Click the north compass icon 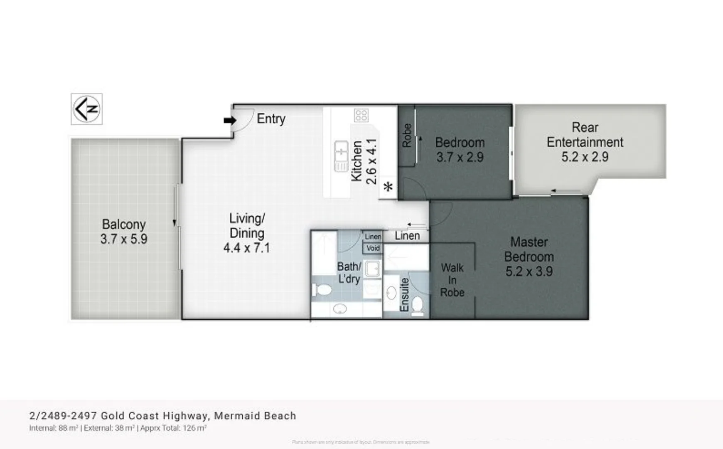pyautogui.click(x=86, y=109)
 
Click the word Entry pyautogui.click(x=271, y=119)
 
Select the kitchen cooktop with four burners pyautogui.click(x=361, y=115)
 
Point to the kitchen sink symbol pyautogui.click(x=341, y=156)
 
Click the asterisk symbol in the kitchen pyautogui.click(x=388, y=187)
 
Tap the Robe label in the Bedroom pyautogui.click(x=407, y=135)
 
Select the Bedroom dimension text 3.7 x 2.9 pyautogui.click(x=460, y=157)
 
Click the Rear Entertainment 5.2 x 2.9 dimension pyautogui.click(x=585, y=157)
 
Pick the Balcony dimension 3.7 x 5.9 pyautogui.click(x=123, y=239)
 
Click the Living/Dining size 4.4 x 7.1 pyautogui.click(x=246, y=248)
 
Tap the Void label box pyautogui.click(x=373, y=248)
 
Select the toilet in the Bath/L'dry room pyautogui.click(x=322, y=289)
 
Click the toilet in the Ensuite pyautogui.click(x=417, y=306)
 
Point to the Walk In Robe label pyautogui.click(x=452, y=280)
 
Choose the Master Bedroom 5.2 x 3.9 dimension pyautogui.click(x=529, y=271)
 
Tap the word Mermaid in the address pyautogui.click(x=234, y=416)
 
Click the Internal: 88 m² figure pyautogui.click(x=54, y=428)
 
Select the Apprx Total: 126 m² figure pyautogui.click(x=173, y=428)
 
